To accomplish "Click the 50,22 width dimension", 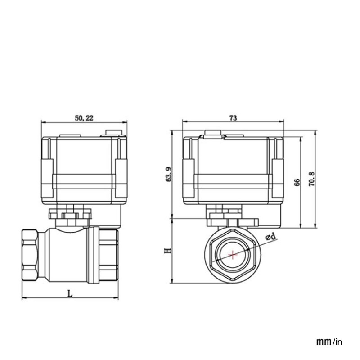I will pyautogui.click(x=84, y=117).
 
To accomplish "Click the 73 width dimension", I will pyautogui.click(x=233, y=117).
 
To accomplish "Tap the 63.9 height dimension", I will pyautogui.click(x=169, y=174).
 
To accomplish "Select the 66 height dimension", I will pyautogui.click(x=297, y=182).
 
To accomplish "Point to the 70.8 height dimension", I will pyautogui.click(x=311, y=179).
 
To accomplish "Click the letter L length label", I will pyautogui.click(x=70, y=293).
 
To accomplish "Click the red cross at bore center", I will pyautogui.click(x=233, y=256).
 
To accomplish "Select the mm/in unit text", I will pyautogui.click(x=329, y=342).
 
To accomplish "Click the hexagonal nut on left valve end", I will pyautogui.click(x=30, y=255).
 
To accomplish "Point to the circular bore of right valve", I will pyautogui.click(x=233, y=256).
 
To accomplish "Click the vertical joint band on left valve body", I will pyautogui.click(x=93, y=255).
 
